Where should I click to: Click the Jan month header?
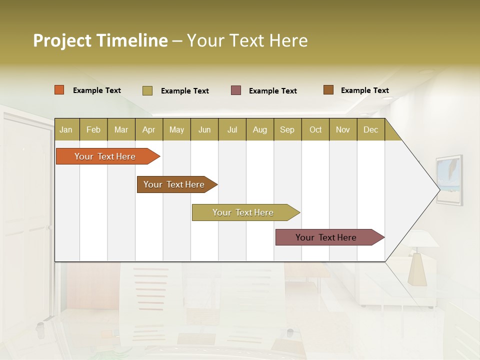66,130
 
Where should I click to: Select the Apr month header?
148,130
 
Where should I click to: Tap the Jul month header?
232,130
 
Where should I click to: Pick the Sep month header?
287,130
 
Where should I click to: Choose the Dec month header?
370,130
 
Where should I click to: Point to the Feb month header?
93,130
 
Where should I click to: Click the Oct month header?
315,130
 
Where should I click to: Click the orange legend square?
59,90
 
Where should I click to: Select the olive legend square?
147,90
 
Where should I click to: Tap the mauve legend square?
236,90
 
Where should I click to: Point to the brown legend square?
328,90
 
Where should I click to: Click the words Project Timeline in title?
100,40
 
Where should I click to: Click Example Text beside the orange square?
97,90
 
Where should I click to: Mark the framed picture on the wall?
448,180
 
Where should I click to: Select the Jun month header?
204,130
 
